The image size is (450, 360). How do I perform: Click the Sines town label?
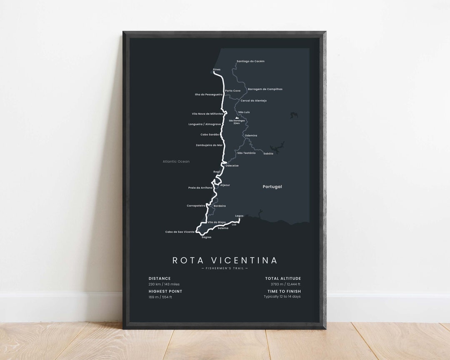tap(216, 69)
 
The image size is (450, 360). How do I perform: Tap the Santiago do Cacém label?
tap(250, 61)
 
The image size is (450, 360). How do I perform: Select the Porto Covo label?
tap(232, 90)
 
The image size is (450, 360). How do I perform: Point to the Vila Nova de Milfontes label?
tap(207, 114)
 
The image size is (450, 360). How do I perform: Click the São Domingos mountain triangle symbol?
tap(237, 118)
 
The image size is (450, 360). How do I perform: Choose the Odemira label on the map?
tap(251, 135)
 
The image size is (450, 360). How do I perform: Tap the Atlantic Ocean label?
tap(176, 161)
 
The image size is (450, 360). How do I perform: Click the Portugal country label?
tap(272, 187)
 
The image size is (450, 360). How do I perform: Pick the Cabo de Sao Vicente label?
tap(180, 232)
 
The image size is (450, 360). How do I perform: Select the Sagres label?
tap(206, 237)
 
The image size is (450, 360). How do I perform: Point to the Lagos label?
tap(239, 216)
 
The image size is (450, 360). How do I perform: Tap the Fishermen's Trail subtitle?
tap(225, 268)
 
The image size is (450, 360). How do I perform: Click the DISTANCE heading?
tap(160, 278)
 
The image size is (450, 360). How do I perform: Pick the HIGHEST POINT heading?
tap(165, 291)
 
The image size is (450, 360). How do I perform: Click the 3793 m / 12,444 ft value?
tap(282, 284)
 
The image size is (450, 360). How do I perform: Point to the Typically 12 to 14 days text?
tap(282, 297)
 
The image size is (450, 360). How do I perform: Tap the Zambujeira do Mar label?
tap(209, 145)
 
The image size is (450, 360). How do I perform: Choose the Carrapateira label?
tap(196, 205)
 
